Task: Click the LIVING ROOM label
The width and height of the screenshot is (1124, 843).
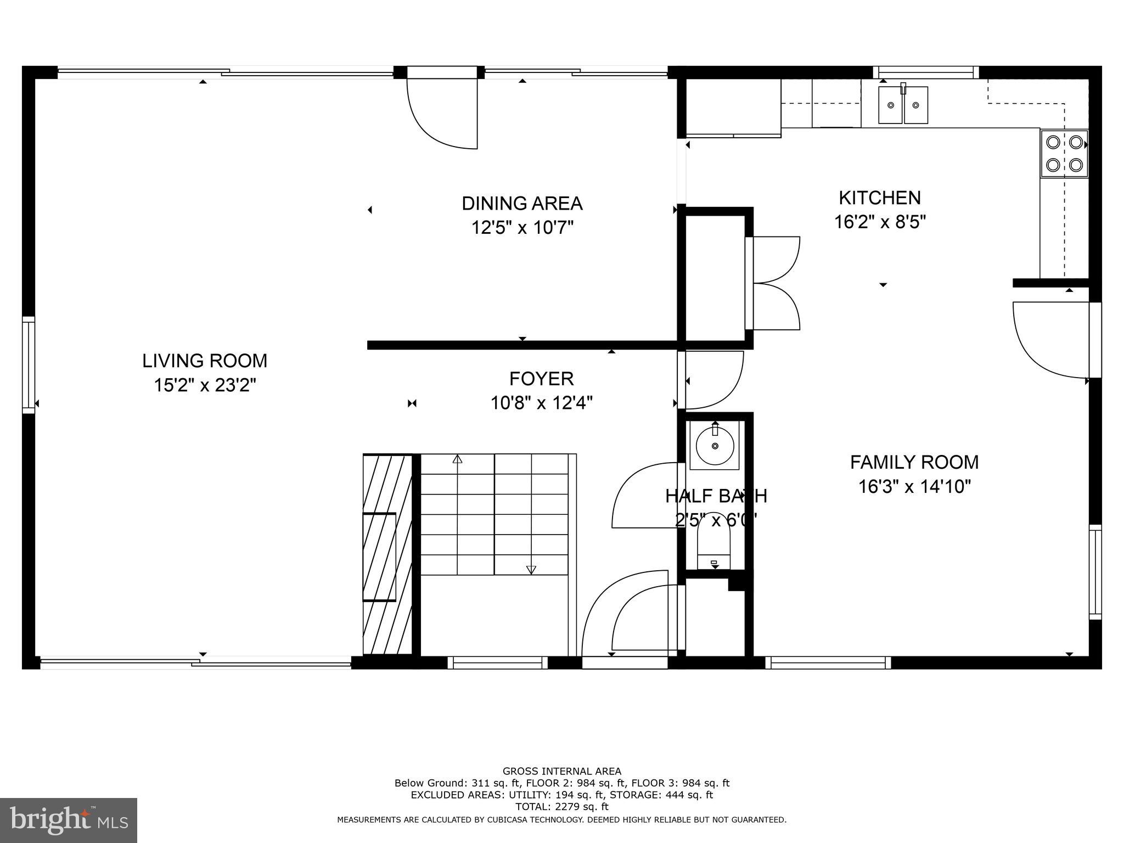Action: point(205,361)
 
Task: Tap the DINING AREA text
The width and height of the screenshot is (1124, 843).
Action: point(522,204)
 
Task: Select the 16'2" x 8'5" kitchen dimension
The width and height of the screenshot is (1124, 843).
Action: point(880,222)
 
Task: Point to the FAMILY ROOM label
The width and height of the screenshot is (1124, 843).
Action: point(914,463)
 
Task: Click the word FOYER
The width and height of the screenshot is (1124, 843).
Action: point(541,379)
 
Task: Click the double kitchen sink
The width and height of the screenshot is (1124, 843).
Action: point(903,105)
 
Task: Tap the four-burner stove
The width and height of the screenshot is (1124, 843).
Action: point(1064,154)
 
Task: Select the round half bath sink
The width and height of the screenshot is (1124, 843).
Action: point(715,446)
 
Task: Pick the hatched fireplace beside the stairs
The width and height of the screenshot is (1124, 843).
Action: point(386,554)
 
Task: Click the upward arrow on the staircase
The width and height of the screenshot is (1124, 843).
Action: point(457,459)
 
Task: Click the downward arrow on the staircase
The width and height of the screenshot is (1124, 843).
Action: point(531,570)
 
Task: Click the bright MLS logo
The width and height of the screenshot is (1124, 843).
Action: point(69,820)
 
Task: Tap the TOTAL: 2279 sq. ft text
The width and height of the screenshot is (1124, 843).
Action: point(561,807)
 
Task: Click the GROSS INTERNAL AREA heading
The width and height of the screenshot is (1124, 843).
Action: point(561,771)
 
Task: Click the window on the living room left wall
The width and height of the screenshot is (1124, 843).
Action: point(29,365)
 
